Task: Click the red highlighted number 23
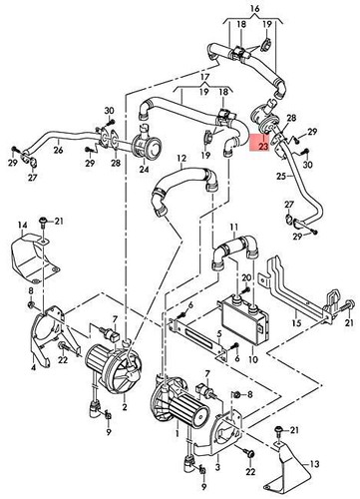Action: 263,146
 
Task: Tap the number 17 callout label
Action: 203,77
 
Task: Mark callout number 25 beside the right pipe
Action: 283,177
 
